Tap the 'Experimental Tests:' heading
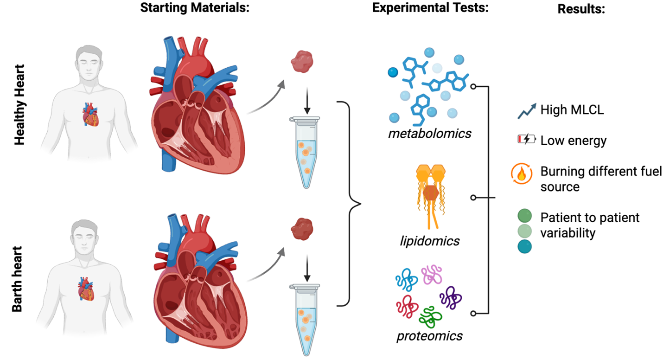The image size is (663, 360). [x=431, y=9]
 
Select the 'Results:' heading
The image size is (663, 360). [x=581, y=9]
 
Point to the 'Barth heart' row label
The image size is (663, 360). [x=19, y=273]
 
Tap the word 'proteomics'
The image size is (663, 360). [x=429, y=335]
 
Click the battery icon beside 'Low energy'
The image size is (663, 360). [x=526, y=139]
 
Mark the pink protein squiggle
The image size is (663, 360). [x=432, y=274]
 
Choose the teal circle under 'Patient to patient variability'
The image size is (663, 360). [x=525, y=247]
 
